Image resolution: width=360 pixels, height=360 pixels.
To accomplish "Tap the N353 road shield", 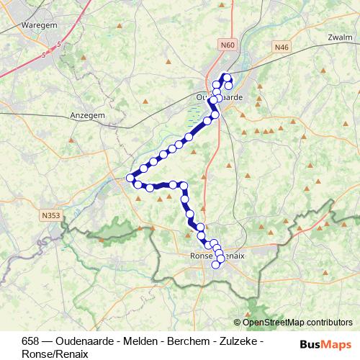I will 51,214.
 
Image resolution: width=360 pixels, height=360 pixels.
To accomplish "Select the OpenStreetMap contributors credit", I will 297,323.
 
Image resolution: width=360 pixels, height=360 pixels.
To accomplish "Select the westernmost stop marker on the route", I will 130,178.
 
